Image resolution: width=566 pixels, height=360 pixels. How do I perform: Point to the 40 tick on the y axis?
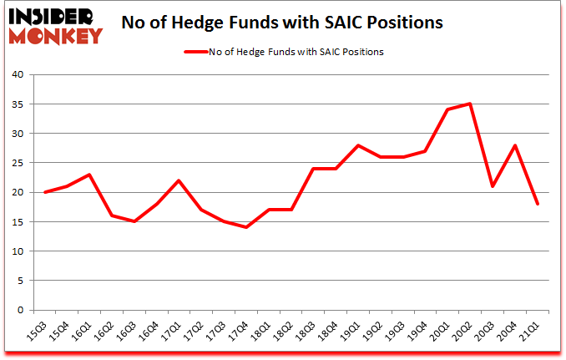click(x=20, y=74)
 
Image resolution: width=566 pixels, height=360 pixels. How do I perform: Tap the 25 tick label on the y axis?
click(x=20, y=163)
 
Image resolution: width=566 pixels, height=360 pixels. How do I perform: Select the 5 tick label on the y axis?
click(x=23, y=281)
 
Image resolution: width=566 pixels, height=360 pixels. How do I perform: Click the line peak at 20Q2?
click(x=471, y=104)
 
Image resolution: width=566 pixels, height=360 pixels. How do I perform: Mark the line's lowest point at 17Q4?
click(x=247, y=227)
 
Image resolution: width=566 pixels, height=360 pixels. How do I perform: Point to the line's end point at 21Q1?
click(x=538, y=204)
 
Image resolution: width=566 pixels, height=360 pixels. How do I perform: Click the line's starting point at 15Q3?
click(x=45, y=192)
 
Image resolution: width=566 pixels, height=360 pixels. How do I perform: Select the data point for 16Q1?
click(x=89, y=175)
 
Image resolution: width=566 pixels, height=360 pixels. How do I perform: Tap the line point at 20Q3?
click(x=493, y=186)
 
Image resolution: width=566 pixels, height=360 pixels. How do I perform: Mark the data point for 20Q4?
click(x=516, y=145)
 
